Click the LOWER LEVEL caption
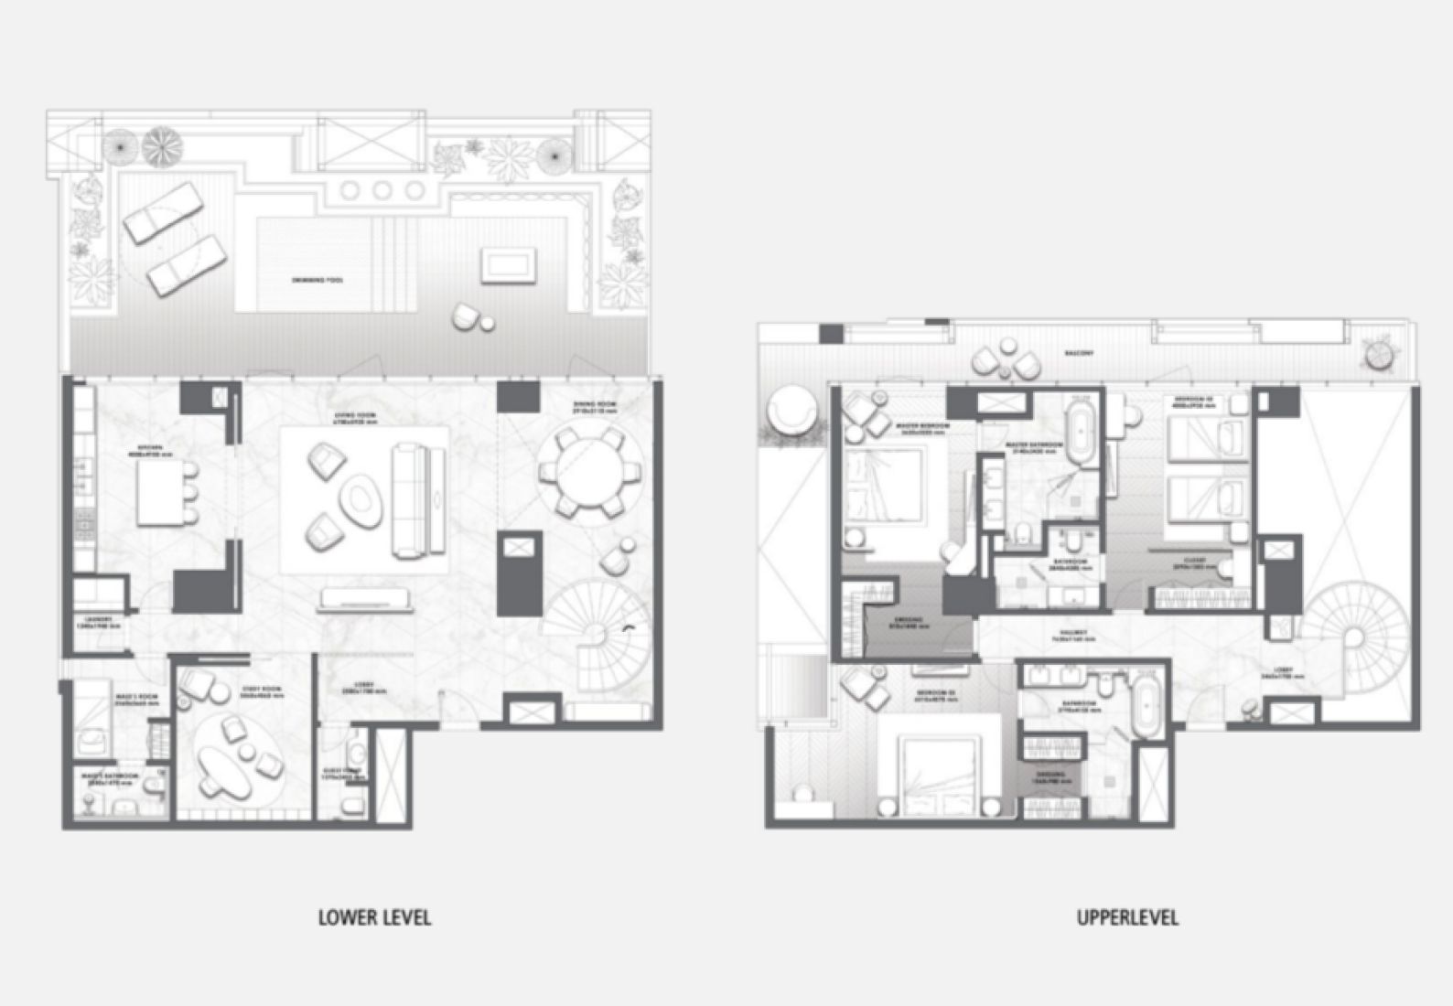tap(374, 916)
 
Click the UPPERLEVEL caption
tap(1127, 916)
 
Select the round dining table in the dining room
tap(581, 475)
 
